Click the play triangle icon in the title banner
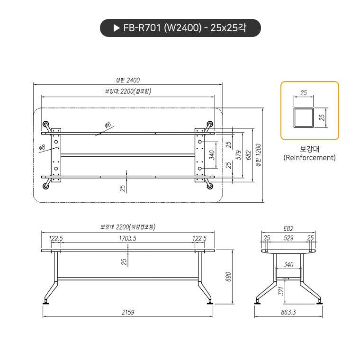[116, 28]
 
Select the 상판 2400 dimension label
[127, 80]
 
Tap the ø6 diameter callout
[108, 125]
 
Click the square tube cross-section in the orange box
[303, 117]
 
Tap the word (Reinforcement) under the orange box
[309, 158]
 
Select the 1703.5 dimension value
[127, 238]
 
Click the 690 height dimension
[228, 277]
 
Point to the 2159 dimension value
[127, 313]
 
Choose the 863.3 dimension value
[288, 313]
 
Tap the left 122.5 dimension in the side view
[56, 238]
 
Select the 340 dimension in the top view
[212, 154]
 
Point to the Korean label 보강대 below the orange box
[309, 148]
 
